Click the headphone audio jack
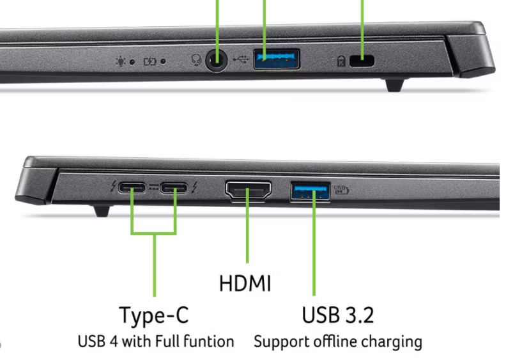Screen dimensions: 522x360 point(217,61)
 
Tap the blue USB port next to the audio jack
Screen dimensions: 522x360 point(277,59)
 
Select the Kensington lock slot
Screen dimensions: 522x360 point(362,61)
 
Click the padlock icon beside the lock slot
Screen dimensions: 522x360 point(341,61)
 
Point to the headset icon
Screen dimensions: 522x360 point(196,60)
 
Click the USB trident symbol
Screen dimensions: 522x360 point(241,59)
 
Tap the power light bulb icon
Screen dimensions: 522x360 point(121,61)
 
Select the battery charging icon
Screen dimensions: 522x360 point(150,61)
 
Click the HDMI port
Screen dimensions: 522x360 point(249,191)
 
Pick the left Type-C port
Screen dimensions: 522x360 point(132,188)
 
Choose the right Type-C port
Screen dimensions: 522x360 point(174,188)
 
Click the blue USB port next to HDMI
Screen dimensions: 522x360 point(311,192)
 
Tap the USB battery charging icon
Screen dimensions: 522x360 point(341,190)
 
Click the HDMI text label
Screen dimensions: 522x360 point(245,283)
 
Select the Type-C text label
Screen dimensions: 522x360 point(154,315)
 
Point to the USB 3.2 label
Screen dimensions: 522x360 point(338,315)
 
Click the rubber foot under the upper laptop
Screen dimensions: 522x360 point(394,85)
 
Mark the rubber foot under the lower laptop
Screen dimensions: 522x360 point(102,211)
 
